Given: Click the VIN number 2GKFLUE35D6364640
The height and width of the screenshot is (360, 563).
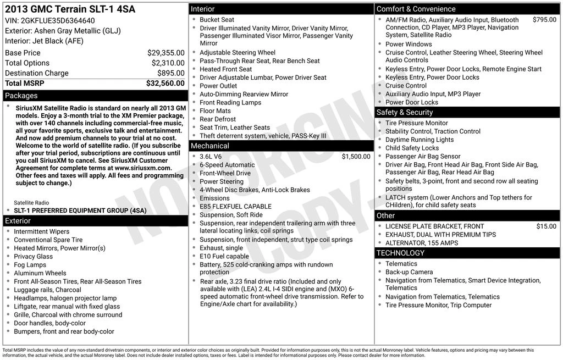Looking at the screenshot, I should click(x=58, y=21).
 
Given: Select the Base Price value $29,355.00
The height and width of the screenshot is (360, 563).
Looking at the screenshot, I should click(x=165, y=53).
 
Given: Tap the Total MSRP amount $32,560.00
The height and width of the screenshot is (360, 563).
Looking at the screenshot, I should click(x=165, y=84).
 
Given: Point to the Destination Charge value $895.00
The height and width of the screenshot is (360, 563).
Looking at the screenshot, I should click(x=170, y=73).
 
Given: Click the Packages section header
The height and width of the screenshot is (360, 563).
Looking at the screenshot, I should click(x=21, y=96).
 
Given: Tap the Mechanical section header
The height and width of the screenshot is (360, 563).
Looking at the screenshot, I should click(x=209, y=146).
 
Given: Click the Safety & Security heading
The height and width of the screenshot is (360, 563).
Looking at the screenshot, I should click(x=405, y=112).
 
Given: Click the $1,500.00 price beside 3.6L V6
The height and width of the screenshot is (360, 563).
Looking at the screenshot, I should click(x=356, y=157).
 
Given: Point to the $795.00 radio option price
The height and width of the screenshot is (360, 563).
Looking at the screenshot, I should click(x=544, y=20).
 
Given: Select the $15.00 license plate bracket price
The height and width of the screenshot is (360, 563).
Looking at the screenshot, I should click(x=546, y=226).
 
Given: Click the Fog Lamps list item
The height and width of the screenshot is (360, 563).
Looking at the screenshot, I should click(x=30, y=265).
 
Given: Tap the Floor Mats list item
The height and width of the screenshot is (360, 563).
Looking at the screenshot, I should click(x=215, y=111).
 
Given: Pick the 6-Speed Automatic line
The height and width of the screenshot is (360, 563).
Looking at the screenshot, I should click(x=227, y=165).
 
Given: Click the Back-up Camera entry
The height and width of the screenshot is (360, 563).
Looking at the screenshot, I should click(x=409, y=272).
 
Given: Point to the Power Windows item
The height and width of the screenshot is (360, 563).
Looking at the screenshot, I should click(x=409, y=44).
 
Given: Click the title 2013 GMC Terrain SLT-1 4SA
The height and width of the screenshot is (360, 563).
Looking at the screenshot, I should click(x=70, y=9).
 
